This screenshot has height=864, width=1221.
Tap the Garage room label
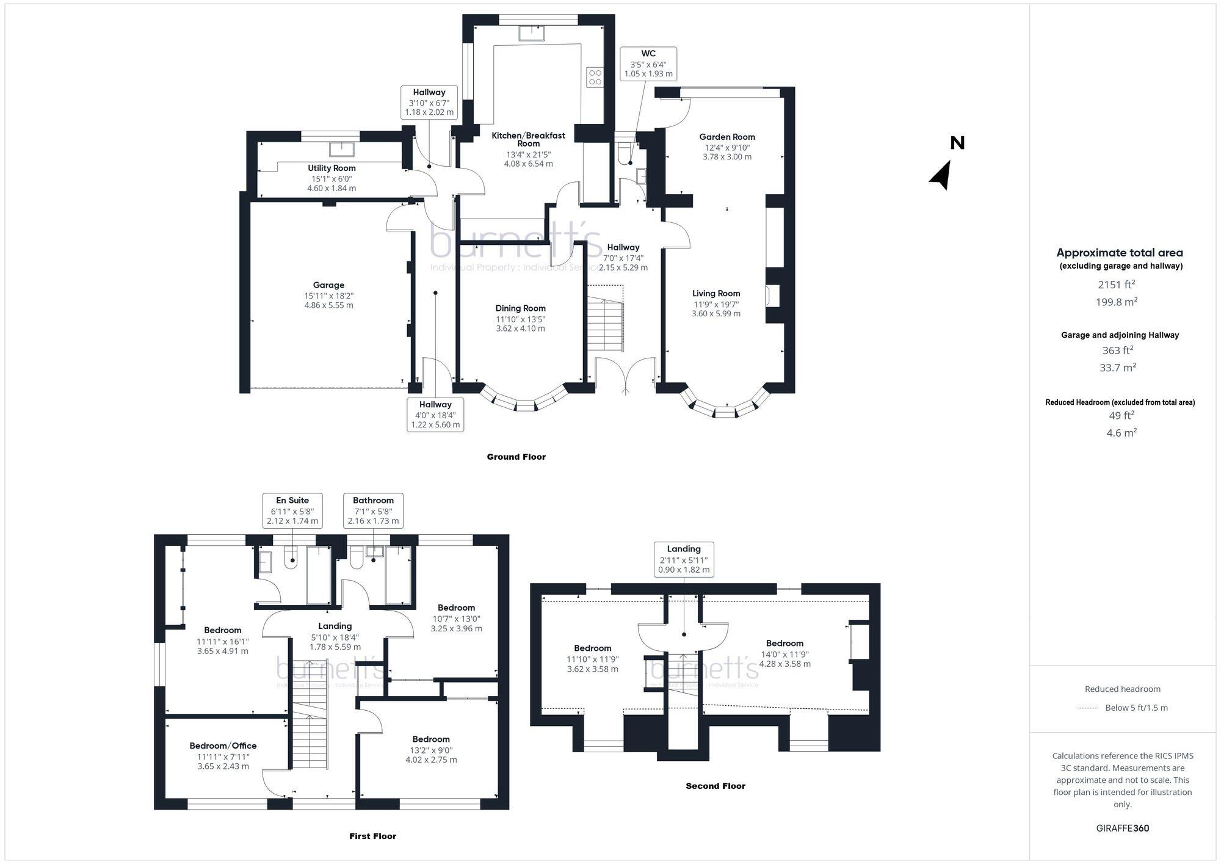[x=328, y=285]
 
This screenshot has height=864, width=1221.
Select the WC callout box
[x=648, y=64]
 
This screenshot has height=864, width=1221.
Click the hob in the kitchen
[x=595, y=77]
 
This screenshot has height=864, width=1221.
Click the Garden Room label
[x=726, y=137]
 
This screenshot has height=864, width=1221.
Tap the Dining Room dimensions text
[x=520, y=324]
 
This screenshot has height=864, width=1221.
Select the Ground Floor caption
[x=516, y=457]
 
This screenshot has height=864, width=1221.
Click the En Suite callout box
[x=292, y=510]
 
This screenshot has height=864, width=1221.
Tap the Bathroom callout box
[x=373, y=510]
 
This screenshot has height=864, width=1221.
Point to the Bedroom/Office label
[x=223, y=746]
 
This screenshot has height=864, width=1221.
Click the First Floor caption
[x=372, y=836]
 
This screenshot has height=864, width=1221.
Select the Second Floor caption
[x=716, y=786]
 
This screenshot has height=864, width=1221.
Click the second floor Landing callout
[x=684, y=559]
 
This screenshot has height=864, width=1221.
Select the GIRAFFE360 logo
[x=1122, y=829]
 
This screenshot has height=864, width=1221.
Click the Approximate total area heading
[x=1120, y=253]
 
